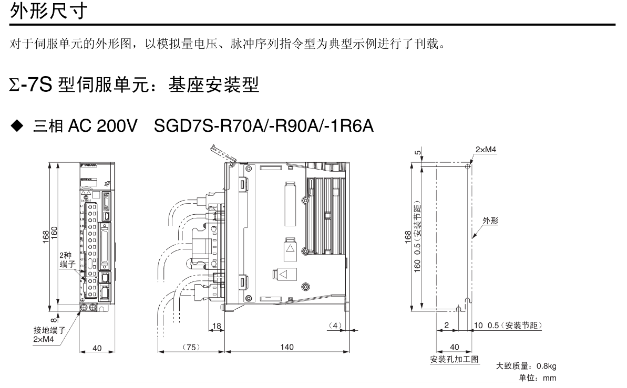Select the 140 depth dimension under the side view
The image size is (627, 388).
tap(287, 347)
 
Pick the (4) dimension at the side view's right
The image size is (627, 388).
tap(334, 326)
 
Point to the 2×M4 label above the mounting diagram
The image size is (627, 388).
tap(486, 150)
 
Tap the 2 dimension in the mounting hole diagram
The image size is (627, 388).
tap(446, 326)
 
